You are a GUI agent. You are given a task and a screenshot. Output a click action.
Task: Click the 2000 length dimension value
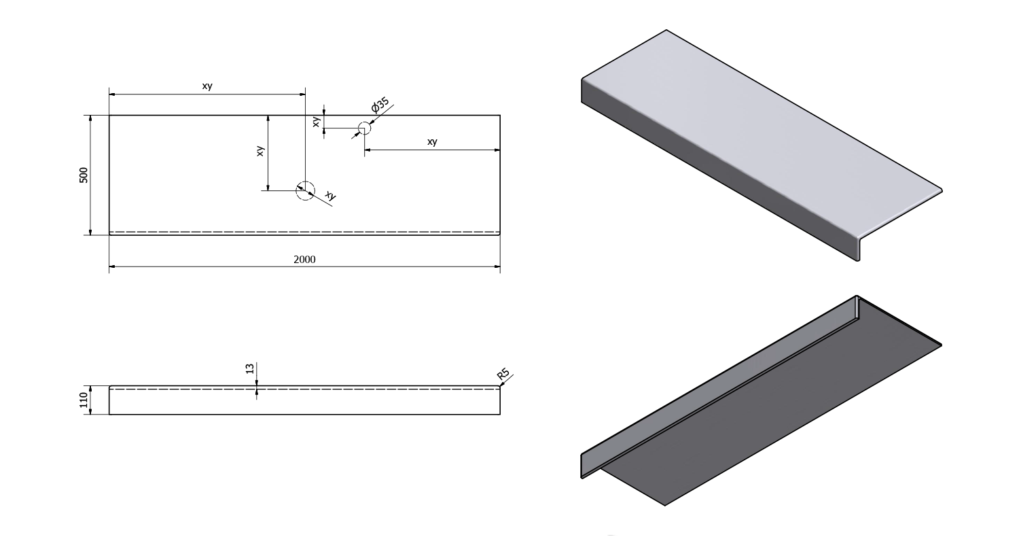click(305, 259)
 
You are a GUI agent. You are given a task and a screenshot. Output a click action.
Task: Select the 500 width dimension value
click(84, 175)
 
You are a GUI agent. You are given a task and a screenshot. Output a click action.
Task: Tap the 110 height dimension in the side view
click(84, 400)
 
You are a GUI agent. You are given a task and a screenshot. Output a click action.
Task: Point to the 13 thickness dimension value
click(250, 368)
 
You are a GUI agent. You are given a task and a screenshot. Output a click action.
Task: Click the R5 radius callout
click(503, 375)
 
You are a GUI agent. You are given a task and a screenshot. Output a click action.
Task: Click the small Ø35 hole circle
click(364, 128)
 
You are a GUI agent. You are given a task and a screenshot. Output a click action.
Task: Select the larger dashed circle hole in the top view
click(305, 191)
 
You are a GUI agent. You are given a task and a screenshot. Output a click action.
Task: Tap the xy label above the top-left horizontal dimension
click(207, 86)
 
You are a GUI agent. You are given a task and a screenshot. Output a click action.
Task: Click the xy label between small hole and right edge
click(432, 141)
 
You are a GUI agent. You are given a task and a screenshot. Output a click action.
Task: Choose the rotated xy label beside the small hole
click(316, 122)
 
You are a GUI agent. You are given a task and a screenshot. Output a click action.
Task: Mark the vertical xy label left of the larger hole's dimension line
click(260, 152)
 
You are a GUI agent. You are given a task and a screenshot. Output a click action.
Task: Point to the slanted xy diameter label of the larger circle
click(330, 196)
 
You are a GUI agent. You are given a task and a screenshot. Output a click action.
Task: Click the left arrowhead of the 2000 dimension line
click(112, 266)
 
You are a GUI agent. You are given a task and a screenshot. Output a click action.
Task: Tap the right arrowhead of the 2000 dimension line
click(497, 266)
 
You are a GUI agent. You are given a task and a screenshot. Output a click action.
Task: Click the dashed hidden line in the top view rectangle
click(305, 232)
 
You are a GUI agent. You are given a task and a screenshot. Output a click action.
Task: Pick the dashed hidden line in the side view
click(305, 389)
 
